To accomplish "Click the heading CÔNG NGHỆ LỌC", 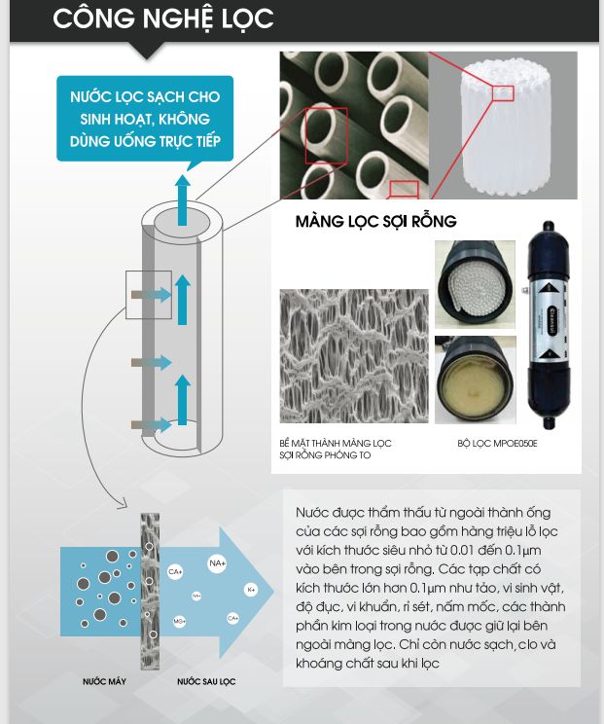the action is click(x=162, y=18).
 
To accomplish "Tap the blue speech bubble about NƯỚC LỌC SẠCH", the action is click(x=145, y=119).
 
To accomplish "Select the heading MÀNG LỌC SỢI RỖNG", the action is click(x=376, y=221).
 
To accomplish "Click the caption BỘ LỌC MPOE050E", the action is click(x=497, y=444).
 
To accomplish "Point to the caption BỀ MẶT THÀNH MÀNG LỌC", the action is click(x=336, y=444).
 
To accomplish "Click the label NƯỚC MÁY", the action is click(x=104, y=681).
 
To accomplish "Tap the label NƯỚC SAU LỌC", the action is click(x=206, y=681).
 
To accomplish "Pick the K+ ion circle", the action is click(x=251, y=590).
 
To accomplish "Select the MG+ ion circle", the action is click(x=180, y=622).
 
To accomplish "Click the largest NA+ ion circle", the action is click(x=217, y=563).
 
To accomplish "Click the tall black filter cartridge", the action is click(x=549, y=325).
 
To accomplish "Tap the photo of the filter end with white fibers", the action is click(x=475, y=284).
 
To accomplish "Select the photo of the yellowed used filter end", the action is click(x=476, y=380).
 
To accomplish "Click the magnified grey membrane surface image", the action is click(x=354, y=356).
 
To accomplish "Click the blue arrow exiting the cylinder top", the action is click(x=183, y=199).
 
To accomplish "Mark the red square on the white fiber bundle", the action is click(x=503, y=93).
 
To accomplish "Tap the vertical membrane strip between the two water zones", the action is click(x=150, y=591).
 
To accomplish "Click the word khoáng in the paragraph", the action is click(x=318, y=664).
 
